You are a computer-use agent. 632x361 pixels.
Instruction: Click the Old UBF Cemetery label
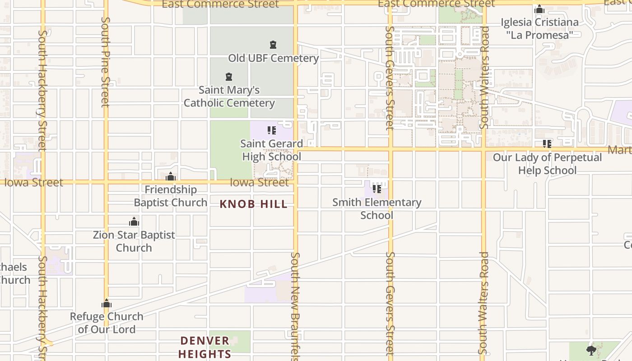click(273, 58)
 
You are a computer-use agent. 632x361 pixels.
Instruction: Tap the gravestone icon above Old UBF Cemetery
click(273, 45)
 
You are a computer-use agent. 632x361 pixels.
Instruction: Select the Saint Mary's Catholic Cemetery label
click(229, 96)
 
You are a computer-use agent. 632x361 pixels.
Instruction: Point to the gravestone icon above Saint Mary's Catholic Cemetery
click(229, 77)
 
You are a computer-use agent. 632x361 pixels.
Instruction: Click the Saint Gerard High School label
click(271, 150)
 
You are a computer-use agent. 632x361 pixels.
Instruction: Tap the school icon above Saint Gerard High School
click(271, 130)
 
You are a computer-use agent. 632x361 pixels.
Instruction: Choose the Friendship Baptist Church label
click(171, 196)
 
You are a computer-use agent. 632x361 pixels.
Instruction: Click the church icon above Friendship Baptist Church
click(171, 176)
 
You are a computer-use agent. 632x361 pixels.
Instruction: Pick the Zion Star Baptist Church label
click(134, 241)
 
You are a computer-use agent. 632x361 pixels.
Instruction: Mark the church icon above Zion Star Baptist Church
click(134, 222)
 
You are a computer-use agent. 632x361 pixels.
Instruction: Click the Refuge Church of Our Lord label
click(107, 323)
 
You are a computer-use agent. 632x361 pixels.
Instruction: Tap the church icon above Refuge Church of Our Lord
click(107, 304)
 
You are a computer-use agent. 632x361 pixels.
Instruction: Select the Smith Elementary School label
click(377, 208)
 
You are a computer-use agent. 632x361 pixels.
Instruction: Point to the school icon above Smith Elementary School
click(377, 189)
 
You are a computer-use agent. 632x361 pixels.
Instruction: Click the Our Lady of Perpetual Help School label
click(547, 164)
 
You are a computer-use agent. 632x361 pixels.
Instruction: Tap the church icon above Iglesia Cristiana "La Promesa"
click(539, 9)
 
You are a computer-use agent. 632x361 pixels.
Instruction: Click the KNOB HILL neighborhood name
click(253, 204)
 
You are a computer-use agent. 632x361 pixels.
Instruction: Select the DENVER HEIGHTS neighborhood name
click(205, 347)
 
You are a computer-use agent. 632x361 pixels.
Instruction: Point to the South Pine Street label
click(106, 62)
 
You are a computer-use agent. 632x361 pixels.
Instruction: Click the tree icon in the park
click(591, 350)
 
